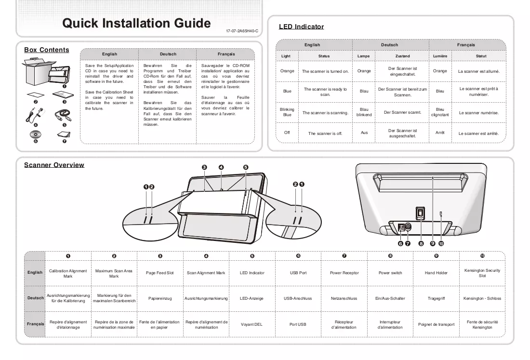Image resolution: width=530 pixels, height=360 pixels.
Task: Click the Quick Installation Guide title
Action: click(x=136, y=23)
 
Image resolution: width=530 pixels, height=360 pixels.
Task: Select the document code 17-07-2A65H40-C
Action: click(x=242, y=31)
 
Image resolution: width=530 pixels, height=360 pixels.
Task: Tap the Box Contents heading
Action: click(x=47, y=50)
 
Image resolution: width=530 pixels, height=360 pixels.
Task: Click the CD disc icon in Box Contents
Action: click(x=36, y=134)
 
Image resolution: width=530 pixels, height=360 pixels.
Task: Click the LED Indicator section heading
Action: click(x=301, y=27)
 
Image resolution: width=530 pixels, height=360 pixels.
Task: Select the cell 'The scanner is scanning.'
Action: click(x=325, y=113)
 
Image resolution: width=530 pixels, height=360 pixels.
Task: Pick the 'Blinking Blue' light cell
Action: click(x=287, y=112)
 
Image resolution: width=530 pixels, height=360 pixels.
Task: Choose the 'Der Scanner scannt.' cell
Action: click(x=403, y=112)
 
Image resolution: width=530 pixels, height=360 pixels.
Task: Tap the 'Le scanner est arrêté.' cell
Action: click(x=478, y=133)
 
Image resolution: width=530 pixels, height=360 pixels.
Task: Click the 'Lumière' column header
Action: click(x=440, y=56)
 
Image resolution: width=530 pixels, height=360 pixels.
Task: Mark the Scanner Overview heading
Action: click(x=54, y=165)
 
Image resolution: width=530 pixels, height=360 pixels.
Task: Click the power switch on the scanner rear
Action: click(x=420, y=213)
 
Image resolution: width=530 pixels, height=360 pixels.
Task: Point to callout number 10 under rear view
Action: click(x=441, y=243)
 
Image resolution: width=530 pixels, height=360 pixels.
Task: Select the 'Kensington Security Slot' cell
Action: click(x=482, y=273)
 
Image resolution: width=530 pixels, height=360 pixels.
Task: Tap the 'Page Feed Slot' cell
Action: click(x=160, y=273)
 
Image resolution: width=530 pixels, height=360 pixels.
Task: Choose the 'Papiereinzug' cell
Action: click(x=160, y=298)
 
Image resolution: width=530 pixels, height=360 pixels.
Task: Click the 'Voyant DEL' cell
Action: click(x=252, y=324)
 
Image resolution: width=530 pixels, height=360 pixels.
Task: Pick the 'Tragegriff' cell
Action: click(x=436, y=298)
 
